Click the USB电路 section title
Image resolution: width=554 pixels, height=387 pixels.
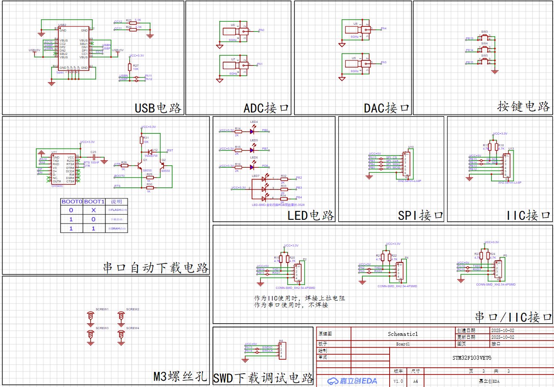coord(158,108)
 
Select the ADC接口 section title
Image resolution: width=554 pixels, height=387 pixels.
coord(266,108)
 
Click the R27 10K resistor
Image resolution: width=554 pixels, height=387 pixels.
coord(130,67)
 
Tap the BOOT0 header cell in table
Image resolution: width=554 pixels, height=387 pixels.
coord(72,202)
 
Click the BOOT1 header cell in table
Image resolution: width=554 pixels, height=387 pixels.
coord(94,202)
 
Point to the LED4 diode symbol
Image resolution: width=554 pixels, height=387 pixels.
coord(252,131)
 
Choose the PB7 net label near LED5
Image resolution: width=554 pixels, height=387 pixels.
coord(265,149)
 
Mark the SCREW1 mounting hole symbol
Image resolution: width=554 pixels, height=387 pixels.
coord(90,317)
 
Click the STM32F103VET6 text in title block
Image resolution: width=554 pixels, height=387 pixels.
coord(472,358)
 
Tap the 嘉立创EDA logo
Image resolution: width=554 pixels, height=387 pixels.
coord(352,381)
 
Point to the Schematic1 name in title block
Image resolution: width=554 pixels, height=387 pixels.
coord(403,334)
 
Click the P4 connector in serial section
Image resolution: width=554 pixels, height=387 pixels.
coord(400,270)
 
